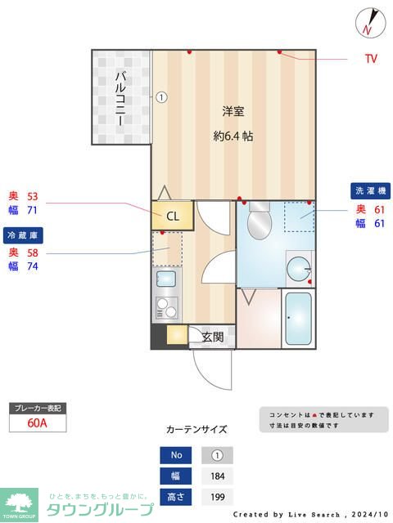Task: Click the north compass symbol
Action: [x=370, y=22]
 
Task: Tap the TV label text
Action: [x=370, y=59]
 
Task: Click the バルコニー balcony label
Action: [x=120, y=98]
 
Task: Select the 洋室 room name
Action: [x=233, y=111]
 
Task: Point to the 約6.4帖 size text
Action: [x=233, y=136]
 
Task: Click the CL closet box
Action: [x=172, y=216]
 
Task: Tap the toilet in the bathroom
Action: [x=260, y=219]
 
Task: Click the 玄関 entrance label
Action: [x=213, y=336]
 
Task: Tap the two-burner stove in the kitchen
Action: [x=167, y=310]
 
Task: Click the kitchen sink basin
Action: [x=167, y=279]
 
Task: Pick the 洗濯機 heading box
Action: [x=372, y=190]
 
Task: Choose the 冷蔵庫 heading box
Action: [x=22, y=235]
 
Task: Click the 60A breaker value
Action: [x=38, y=422]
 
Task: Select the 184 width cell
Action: [x=217, y=476]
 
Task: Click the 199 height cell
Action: [x=217, y=496]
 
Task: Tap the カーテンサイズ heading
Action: [x=196, y=429]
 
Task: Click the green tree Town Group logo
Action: [x=18, y=504]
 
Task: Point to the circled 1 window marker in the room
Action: [x=161, y=96]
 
